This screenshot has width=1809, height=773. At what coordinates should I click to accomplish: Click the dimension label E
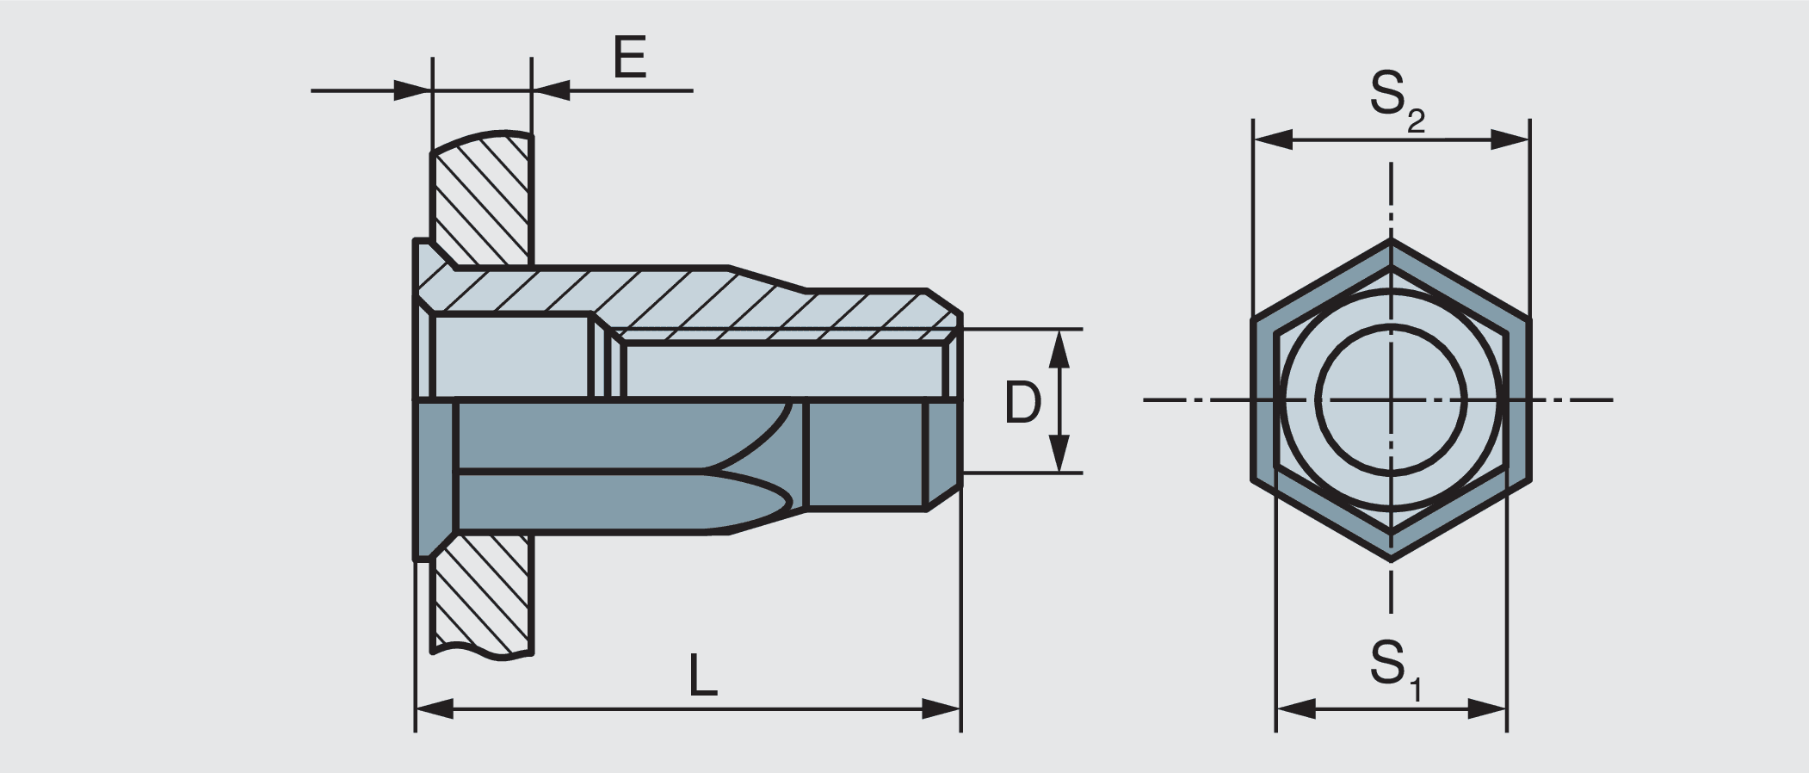(x=630, y=59)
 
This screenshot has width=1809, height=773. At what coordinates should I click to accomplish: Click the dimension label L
(x=703, y=676)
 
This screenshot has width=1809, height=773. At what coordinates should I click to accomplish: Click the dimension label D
(x=1022, y=402)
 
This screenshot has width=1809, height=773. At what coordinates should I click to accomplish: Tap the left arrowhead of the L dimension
(x=435, y=709)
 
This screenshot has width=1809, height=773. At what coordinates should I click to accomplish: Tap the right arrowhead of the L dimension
(x=942, y=709)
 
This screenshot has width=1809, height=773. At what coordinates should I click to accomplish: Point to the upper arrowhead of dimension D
(x=1060, y=348)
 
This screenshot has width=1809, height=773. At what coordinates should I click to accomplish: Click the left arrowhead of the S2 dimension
(x=1273, y=139)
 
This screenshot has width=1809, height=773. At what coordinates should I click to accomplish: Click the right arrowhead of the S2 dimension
(x=1510, y=139)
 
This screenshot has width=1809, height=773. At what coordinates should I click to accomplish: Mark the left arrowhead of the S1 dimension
(x=1295, y=709)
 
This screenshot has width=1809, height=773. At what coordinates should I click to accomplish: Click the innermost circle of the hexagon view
(x=1391, y=399)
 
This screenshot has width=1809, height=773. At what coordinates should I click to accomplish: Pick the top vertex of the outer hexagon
(x=1391, y=241)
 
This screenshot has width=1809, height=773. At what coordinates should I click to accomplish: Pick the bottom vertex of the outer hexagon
(x=1391, y=560)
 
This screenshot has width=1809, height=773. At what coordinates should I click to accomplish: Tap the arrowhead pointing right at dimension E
(x=411, y=90)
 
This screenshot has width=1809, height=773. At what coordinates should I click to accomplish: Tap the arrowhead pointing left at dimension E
(x=552, y=90)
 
